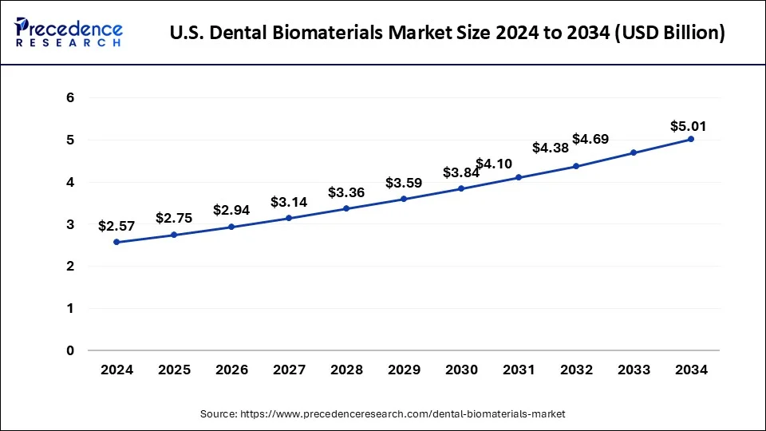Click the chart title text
(448, 34)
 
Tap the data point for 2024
(116, 242)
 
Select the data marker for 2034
(691, 139)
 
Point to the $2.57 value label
(116, 226)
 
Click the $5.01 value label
(688, 126)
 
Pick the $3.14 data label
(289, 202)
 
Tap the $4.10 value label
(494, 164)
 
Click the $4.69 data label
(590, 139)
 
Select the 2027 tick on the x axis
(289, 370)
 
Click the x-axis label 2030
(461, 370)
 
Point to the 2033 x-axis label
(634, 370)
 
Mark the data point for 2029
(404, 199)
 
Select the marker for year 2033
(634, 152)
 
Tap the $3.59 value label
(404, 183)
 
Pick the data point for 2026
(231, 227)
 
